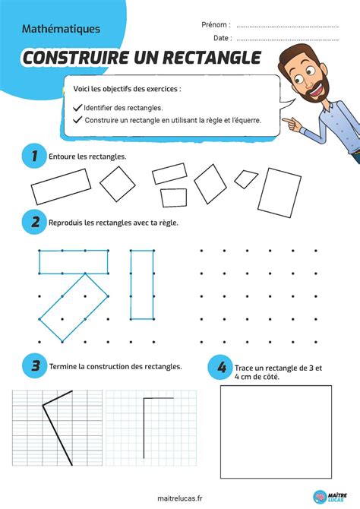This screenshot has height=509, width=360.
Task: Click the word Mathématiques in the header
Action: coord(62,29)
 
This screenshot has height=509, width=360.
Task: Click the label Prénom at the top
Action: coord(216,24)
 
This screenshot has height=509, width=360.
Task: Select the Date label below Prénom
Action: coord(222,37)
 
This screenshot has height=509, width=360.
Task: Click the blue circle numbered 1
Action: coord(31,156)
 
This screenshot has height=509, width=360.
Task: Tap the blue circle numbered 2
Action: coord(31,223)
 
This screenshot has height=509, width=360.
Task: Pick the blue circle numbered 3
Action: coord(31,366)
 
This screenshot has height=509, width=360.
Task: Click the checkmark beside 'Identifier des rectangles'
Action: coord(77,108)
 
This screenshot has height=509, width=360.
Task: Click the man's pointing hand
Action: coord(292,120)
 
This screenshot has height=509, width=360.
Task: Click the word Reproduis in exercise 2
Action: coord(66,223)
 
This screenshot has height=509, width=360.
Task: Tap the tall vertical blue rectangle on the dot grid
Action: coord(142,284)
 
